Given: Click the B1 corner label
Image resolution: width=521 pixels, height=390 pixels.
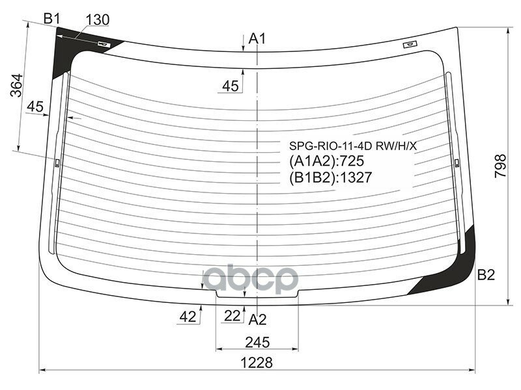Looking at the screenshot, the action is (51, 19).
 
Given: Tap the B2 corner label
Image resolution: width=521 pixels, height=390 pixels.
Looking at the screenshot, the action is (486, 275).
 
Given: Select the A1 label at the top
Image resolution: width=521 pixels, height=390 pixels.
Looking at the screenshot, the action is (257, 39).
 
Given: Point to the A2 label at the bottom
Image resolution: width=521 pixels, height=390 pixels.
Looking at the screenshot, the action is (257, 320).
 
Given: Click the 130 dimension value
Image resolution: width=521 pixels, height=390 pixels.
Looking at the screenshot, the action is (97, 20).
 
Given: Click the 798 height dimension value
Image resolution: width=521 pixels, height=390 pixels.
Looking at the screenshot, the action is (500, 166).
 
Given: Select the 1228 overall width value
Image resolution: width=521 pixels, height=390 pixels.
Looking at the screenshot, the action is (257, 363).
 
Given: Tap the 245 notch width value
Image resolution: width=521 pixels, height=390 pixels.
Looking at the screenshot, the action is (257, 343).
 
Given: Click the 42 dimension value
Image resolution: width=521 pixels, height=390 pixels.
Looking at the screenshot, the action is (188, 317).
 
